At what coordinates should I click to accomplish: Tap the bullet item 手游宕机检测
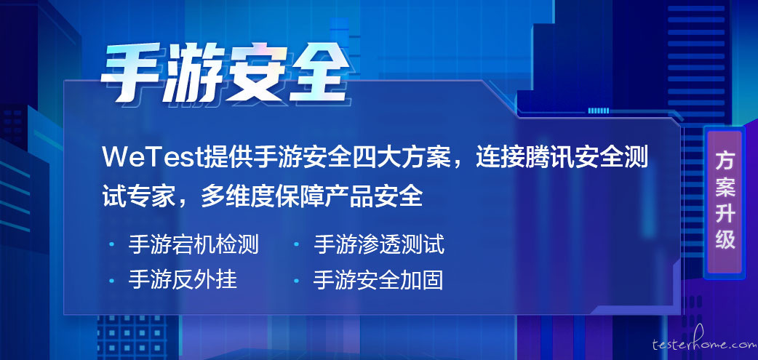click(x=194, y=244)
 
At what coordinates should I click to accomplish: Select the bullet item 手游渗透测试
click(x=379, y=244)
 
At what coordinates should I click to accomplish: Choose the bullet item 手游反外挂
click(x=183, y=280)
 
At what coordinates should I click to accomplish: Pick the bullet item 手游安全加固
click(x=378, y=280)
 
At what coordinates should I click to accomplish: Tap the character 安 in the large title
click(x=256, y=73)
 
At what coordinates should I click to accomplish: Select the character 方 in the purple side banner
click(x=725, y=160)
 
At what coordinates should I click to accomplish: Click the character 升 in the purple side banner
click(x=725, y=212)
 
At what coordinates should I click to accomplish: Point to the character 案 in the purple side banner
click(x=725, y=186)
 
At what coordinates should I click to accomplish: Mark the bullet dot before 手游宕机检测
click(x=112, y=244)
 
